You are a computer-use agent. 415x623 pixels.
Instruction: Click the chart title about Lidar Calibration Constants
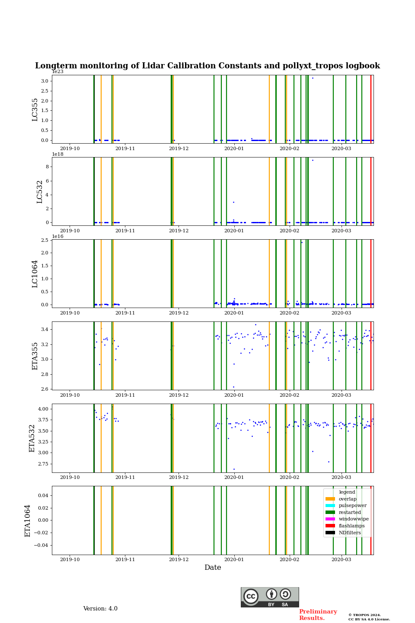click(x=207, y=66)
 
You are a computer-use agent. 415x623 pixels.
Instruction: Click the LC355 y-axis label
click(x=35, y=109)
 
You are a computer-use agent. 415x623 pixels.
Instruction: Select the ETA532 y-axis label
click(x=32, y=438)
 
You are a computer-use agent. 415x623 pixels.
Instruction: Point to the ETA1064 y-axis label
click(x=28, y=520)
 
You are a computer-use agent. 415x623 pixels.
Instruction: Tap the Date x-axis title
click(x=213, y=568)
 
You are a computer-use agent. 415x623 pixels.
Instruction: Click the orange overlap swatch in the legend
click(x=330, y=499)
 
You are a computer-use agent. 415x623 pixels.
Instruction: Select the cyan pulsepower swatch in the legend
click(x=330, y=505)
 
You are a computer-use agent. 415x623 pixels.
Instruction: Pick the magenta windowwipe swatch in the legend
click(x=330, y=519)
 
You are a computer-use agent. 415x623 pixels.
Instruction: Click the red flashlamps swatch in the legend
click(x=330, y=526)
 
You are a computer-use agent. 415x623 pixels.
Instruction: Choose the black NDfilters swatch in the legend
click(x=330, y=533)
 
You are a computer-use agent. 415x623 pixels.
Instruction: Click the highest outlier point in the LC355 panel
click(x=313, y=78)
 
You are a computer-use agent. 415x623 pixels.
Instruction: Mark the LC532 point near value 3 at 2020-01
click(x=233, y=202)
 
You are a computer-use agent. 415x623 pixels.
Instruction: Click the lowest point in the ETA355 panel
click(x=233, y=387)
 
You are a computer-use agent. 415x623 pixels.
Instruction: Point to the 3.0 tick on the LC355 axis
click(x=45, y=81)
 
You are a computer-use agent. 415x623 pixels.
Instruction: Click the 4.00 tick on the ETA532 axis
click(x=43, y=409)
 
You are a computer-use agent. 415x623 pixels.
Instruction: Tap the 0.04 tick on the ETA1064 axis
click(x=42, y=495)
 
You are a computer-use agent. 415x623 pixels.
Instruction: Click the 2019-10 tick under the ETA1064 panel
click(x=70, y=559)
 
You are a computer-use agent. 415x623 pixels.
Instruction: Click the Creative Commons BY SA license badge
click(x=270, y=597)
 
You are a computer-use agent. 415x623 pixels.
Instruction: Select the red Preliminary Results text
click(x=318, y=615)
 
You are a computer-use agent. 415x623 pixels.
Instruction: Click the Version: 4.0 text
click(x=100, y=609)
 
